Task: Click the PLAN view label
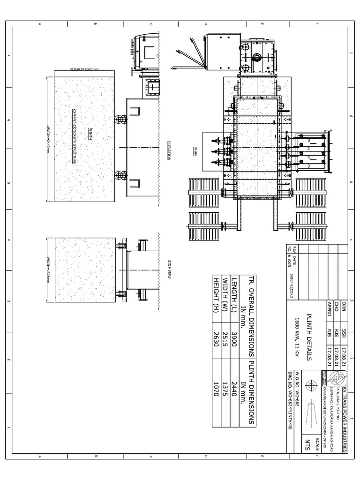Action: tap(195, 151)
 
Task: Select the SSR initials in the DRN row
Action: tap(345, 332)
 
